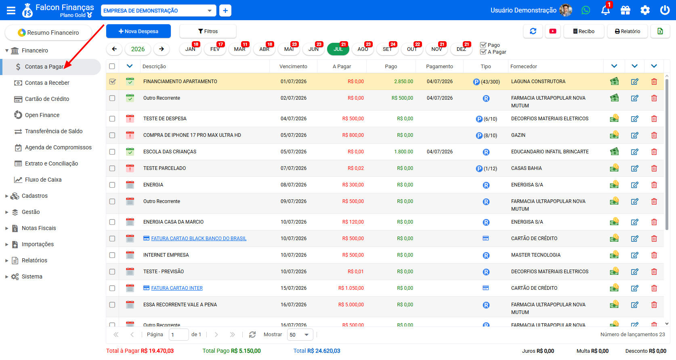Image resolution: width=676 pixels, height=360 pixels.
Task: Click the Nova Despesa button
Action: (138, 31)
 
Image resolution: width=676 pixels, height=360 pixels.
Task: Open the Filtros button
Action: (208, 31)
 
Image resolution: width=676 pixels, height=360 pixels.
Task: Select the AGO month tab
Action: (363, 49)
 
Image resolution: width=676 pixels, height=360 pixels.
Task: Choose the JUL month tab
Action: (338, 49)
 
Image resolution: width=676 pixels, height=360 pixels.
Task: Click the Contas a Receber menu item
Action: (47, 83)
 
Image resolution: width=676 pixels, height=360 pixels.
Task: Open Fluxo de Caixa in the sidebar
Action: (43, 180)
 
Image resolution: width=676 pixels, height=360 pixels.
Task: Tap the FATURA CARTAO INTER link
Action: (177, 288)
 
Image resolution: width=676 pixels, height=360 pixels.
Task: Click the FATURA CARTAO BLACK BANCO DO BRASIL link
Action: (199, 239)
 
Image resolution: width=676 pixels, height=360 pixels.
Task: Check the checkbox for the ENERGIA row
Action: (112, 185)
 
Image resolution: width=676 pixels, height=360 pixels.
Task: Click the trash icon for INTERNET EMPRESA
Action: (654, 255)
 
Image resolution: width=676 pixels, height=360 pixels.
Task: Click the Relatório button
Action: (628, 31)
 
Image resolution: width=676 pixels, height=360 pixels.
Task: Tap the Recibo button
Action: (584, 31)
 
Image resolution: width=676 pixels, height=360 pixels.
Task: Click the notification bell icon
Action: (605, 10)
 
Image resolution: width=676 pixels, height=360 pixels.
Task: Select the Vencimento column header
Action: (293, 67)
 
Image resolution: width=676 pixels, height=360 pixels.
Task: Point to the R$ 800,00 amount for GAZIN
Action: (353, 135)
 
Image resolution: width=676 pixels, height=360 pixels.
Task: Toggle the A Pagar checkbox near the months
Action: (483, 52)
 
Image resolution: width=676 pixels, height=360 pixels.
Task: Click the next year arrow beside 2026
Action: (162, 49)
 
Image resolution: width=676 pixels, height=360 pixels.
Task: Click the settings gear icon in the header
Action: (645, 10)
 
